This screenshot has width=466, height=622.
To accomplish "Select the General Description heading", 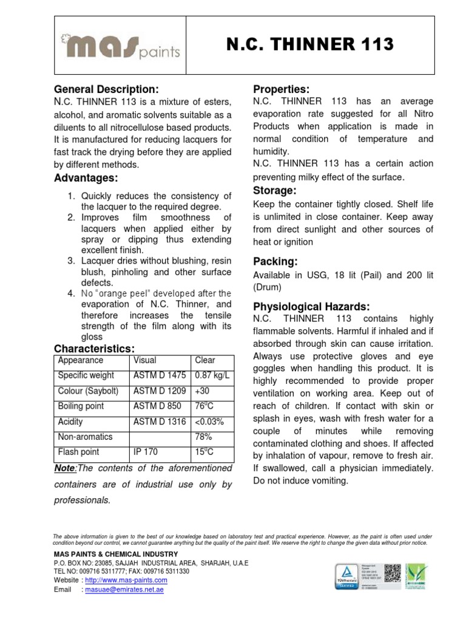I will pos(106,89).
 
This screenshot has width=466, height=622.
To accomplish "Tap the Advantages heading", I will pos(86,178).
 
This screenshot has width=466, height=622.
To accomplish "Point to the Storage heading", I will pos(274,191).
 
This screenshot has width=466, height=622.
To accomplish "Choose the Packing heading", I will pos(275,262).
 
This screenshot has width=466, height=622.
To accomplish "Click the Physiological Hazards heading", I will pos(311,306).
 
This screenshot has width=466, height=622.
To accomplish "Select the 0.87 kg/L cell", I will pos(212,375).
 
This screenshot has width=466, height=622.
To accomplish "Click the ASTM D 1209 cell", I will pos(160,391).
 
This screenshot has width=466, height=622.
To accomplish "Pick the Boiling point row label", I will pos(81,406).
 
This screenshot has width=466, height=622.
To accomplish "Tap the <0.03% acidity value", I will pos(209,422).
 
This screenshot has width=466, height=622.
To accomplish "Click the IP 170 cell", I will pos(146,452).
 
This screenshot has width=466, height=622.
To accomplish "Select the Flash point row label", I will pos(78,452).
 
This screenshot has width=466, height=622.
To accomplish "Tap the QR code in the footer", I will pos(393,573).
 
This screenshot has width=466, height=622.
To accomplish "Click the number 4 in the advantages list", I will pos(71,293).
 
